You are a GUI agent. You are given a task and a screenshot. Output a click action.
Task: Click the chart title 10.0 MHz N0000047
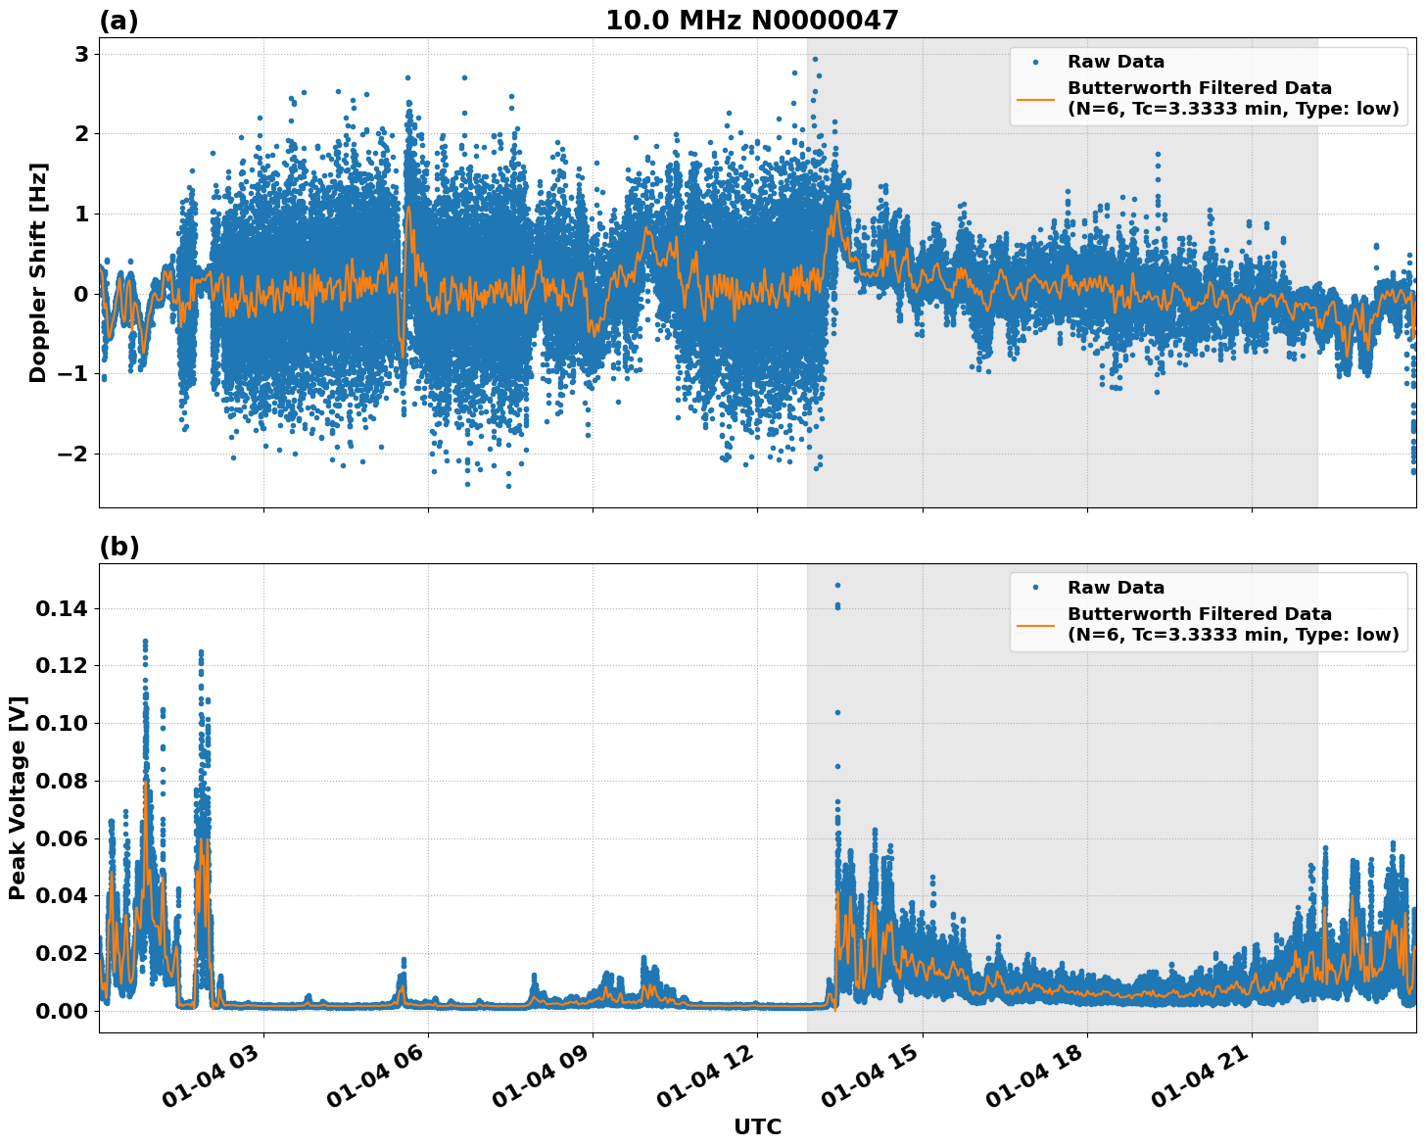pyautogui.click(x=751, y=21)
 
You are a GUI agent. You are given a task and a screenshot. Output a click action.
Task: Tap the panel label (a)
pyautogui.click(x=119, y=21)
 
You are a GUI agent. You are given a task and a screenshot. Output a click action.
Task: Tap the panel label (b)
pyautogui.click(x=119, y=547)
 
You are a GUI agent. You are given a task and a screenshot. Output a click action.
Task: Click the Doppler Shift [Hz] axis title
pyautogui.click(x=37, y=272)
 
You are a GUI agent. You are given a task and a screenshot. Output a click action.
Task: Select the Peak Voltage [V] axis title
pyautogui.click(x=18, y=798)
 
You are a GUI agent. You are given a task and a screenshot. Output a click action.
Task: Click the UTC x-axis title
pyautogui.click(x=757, y=1127)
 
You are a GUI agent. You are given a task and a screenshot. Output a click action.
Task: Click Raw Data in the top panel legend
pyautogui.click(x=1116, y=62)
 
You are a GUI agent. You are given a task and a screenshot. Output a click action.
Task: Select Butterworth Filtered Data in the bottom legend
pyautogui.click(x=1199, y=614)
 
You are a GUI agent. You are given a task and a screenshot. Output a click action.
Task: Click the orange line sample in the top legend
pyautogui.click(x=1035, y=98)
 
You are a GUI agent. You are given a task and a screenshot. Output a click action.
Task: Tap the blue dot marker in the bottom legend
pyautogui.click(x=1035, y=588)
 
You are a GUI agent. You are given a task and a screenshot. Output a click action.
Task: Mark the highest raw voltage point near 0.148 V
pyautogui.click(x=837, y=585)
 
